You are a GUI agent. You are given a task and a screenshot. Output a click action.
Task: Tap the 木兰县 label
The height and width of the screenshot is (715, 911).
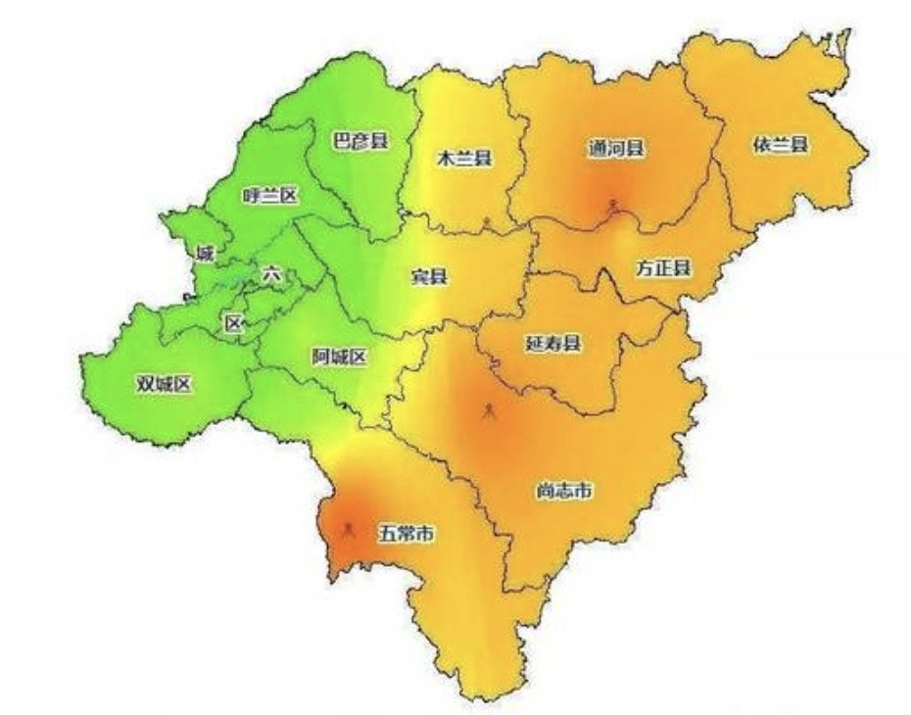pos(464,158)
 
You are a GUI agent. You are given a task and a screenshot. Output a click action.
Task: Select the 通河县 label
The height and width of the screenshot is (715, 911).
pos(616,149)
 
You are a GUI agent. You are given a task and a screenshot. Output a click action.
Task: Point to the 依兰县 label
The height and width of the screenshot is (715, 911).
pos(781,145)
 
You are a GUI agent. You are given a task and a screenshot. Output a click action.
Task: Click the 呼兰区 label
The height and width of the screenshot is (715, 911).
pos(269,196)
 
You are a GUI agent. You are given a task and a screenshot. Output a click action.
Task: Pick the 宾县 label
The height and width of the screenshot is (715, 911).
pos(428,276)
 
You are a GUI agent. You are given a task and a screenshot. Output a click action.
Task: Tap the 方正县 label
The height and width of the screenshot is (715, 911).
pos(663,267)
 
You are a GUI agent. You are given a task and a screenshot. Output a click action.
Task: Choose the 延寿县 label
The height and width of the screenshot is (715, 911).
pos(553,343)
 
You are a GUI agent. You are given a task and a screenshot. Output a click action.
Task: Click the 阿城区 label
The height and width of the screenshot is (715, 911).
pos(339,357)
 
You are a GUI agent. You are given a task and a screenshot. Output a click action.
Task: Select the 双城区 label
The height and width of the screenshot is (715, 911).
pos(164,384)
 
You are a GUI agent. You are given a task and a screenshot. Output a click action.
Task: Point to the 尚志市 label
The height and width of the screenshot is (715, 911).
pos(563,491)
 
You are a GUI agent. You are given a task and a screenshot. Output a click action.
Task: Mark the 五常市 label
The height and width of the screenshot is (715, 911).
pos(407,535)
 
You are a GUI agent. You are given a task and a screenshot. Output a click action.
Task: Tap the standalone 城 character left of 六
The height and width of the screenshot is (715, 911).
pos(204,255)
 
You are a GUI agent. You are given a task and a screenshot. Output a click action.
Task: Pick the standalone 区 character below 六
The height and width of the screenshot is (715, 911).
pos(232,323)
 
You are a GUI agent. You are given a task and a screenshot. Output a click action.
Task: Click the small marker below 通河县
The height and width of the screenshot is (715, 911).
pos(614,206)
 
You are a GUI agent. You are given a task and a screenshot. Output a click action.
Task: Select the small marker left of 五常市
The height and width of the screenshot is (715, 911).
pos(347,531)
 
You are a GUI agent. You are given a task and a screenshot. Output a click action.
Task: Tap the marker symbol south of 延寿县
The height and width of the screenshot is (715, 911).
pos(489,411)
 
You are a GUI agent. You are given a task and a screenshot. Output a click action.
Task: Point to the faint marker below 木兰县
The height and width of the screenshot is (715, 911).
pos(487,223)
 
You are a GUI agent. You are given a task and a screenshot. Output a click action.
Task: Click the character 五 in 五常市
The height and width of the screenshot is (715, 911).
pos(388,535)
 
